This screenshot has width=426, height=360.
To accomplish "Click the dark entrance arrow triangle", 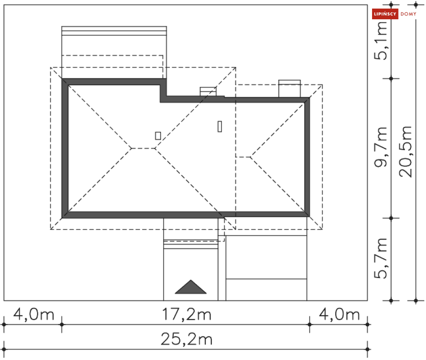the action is (191, 288).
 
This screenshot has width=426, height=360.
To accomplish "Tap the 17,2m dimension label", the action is (187, 314).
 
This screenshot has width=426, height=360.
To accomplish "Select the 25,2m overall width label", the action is (187, 339).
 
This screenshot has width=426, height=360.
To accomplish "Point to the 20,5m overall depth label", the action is (405, 151).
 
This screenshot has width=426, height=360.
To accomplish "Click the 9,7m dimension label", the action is (380, 147).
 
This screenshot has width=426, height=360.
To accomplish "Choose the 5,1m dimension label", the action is (380, 41).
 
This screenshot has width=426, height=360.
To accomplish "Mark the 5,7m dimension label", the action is (380, 258).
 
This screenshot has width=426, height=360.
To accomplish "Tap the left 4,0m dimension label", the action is (34, 314).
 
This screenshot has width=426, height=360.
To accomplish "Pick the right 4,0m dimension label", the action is (340, 314).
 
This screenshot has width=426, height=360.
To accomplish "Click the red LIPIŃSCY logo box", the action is (385, 14).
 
